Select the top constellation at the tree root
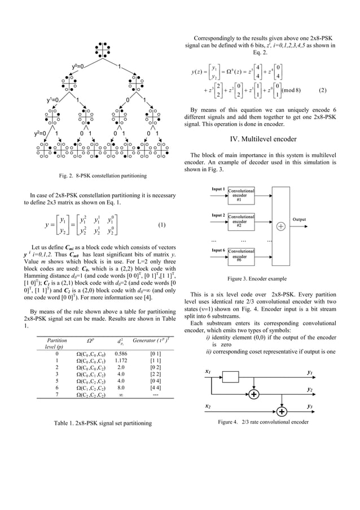click(x=101, y=50)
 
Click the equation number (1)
click(x=161, y=224)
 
